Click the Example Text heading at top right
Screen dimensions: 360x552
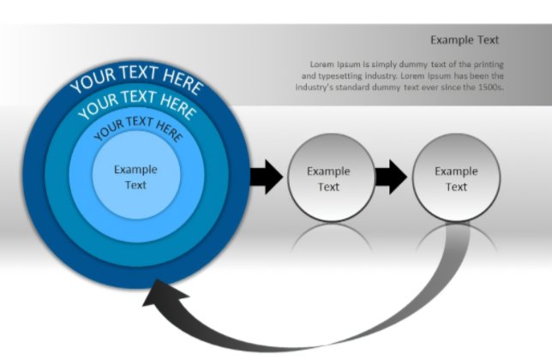pyautogui.click(x=464, y=39)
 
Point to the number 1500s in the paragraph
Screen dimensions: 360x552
pyautogui.click(x=489, y=87)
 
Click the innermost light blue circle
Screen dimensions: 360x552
pyautogui.click(x=135, y=177)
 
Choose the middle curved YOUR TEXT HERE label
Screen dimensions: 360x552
pyautogui.click(x=136, y=105)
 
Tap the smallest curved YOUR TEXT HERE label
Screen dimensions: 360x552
pyautogui.click(x=137, y=129)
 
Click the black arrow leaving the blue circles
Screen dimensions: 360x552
pyautogui.click(x=265, y=177)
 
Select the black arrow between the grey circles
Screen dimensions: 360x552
pyautogui.click(x=391, y=177)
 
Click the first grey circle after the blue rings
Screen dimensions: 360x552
pyautogui.click(x=329, y=177)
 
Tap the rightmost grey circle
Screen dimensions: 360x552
pyautogui.click(x=455, y=177)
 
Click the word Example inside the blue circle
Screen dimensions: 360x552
pyautogui.click(x=135, y=169)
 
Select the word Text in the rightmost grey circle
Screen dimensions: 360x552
pyautogui.click(x=456, y=186)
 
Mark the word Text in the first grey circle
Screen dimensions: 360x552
pyautogui.click(x=329, y=186)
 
